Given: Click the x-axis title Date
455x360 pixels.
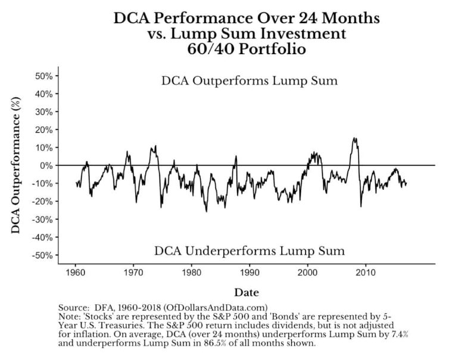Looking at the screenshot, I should pos(247,292).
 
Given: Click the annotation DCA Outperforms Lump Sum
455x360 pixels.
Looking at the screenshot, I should pos(249,81).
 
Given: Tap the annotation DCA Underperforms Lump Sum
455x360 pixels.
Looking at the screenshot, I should pos(249,250).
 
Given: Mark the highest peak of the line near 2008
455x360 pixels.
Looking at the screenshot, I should pos(355,138).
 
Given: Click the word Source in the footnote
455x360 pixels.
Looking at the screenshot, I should pos(73,307).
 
